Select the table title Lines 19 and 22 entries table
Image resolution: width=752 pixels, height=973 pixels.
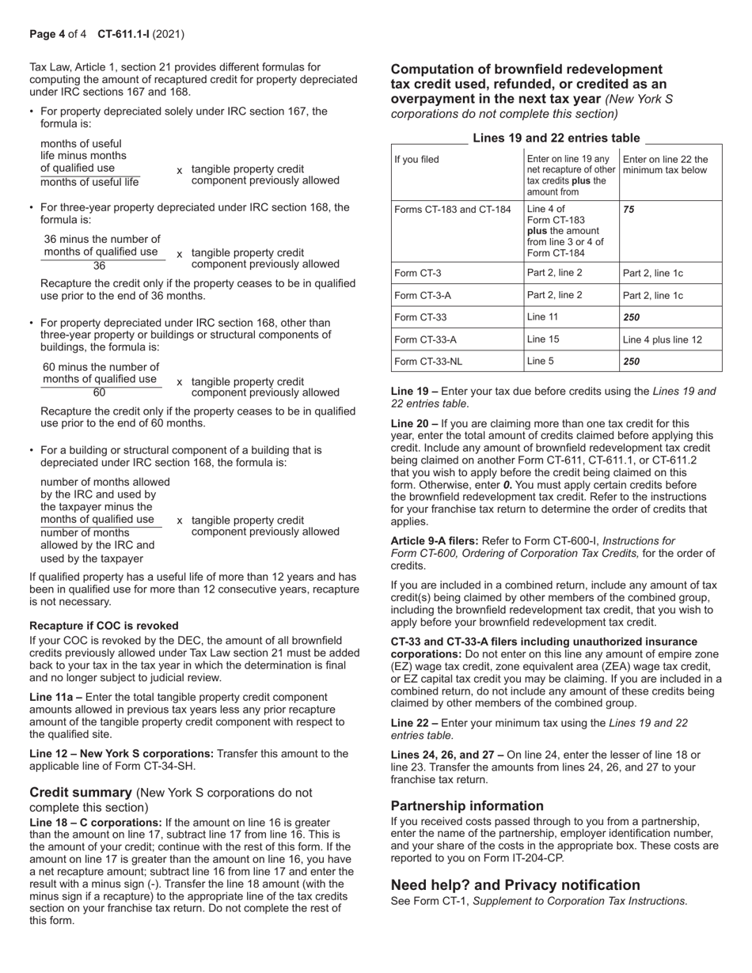coord(556,138)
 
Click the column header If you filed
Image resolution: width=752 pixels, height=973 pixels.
coord(416,160)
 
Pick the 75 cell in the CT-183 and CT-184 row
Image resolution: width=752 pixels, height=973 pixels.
coord(629,210)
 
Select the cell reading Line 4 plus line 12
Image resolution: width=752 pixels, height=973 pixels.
coord(662,339)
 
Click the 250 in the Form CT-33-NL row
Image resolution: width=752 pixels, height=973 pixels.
coord(631,361)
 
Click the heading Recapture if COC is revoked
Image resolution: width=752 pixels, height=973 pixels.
coord(104,626)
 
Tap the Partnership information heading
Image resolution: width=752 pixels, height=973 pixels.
coord(467,806)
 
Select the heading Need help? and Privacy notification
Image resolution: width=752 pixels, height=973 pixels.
coord(515,885)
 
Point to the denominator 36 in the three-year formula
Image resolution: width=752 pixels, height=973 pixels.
coord(99,266)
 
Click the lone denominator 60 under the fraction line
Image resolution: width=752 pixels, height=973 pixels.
coord(99,393)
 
